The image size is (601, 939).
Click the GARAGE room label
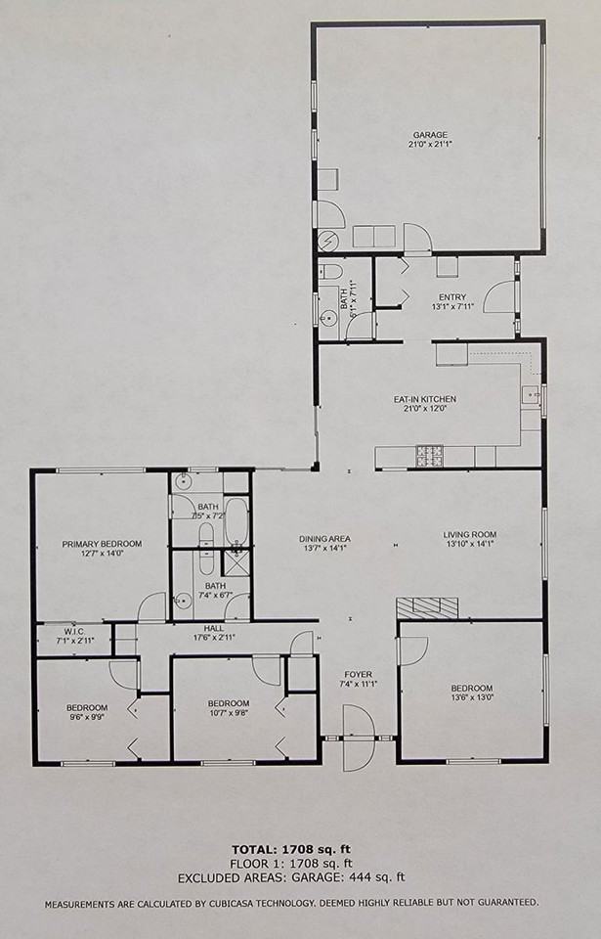(x=430, y=134)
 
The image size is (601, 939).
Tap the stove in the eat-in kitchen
(x=430, y=456)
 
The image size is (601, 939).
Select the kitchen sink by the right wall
(x=531, y=396)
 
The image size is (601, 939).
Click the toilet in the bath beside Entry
(x=330, y=272)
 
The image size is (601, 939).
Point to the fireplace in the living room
(x=428, y=606)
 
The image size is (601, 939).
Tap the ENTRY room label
(x=452, y=297)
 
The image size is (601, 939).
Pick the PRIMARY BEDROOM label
(x=102, y=544)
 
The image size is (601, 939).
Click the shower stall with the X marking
(x=236, y=562)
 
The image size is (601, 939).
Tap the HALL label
(x=215, y=628)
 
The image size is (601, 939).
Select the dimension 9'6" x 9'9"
(x=87, y=717)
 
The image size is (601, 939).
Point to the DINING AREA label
(x=325, y=539)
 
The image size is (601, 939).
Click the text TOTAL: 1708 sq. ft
(x=300, y=849)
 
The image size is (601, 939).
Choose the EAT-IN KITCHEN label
(x=425, y=399)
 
